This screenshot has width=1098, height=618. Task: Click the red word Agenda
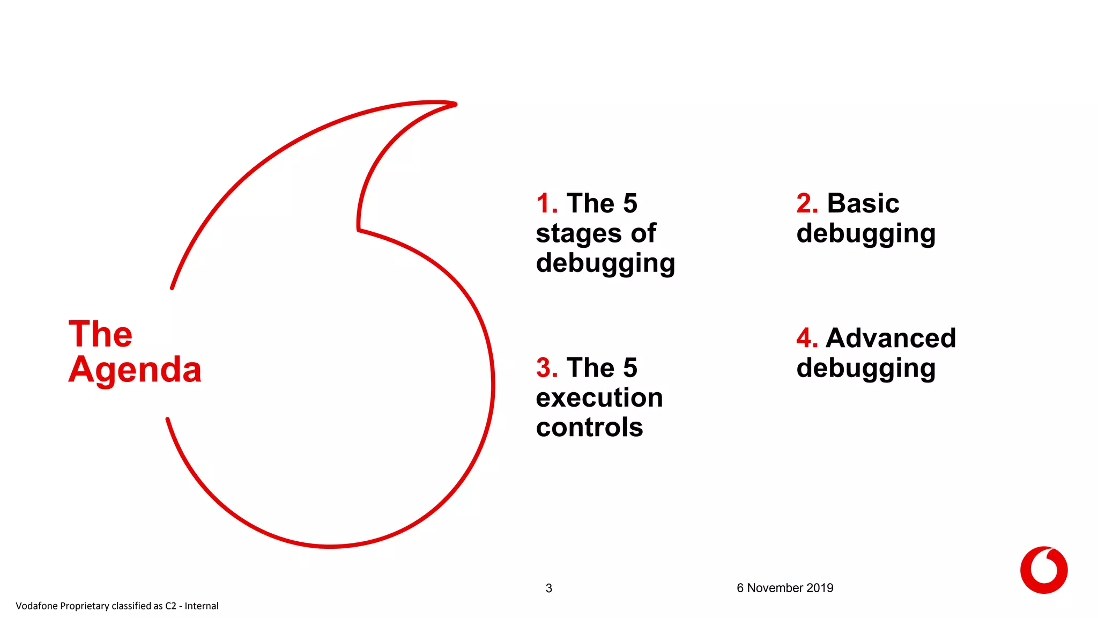pyautogui.click(x=135, y=370)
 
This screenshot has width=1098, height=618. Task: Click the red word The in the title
pyautogui.click(x=100, y=334)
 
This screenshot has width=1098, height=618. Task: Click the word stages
pyautogui.click(x=579, y=234)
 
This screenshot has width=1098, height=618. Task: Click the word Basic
pyautogui.click(x=863, y=204)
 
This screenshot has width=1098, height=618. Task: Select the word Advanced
pyautogui.click(x=891, y=339)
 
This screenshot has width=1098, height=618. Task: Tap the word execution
pyautogui.click(x=599, y=398)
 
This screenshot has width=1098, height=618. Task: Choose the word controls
pyautogui.click(x=589, y=428)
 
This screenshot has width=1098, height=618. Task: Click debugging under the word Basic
pyautogui.click(x=866, y=234)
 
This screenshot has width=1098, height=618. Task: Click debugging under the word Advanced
pyautogui.click(x=866, y=369)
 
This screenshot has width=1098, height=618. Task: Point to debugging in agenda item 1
pyautogui.click(x=605, y=263)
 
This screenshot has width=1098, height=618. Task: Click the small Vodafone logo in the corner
pyautogui.click(x=1043, y=570)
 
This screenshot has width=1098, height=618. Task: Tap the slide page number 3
pyautogui.click(x=548, y=588)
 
